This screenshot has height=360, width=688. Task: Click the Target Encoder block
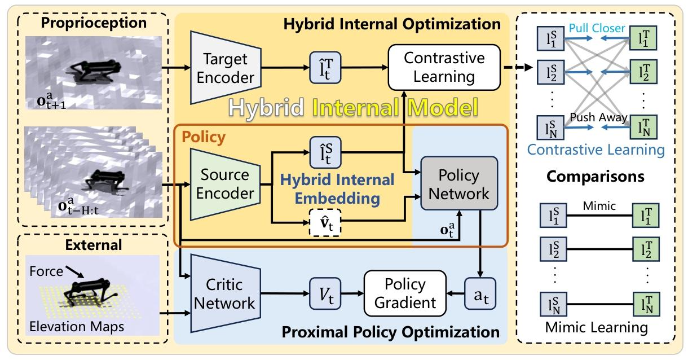pos(226,68)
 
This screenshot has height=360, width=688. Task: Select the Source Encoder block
pos(226,185)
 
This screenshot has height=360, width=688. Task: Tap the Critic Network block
pos(226,293)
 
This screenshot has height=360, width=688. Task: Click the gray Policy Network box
pos(459,183)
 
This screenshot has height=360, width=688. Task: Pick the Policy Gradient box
pos(405,293)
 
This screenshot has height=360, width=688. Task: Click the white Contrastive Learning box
pos(444,67)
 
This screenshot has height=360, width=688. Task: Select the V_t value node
pos(325,293)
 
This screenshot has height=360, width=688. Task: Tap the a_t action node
pos(480,293)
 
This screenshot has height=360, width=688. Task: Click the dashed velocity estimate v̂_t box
pos(325,223)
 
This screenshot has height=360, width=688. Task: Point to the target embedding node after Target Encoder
pos(325,68)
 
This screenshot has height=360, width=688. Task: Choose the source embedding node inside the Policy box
pos(325,152)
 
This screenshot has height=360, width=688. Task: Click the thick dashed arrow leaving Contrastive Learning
pos(518,67)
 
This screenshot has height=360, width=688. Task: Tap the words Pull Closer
pos(597,28)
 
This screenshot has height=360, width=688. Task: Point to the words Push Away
pos(598,117)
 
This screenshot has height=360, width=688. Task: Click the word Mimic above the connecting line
pos(599,205)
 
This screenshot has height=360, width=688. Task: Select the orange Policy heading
pos(204,137)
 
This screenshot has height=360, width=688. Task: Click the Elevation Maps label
pos(77,327)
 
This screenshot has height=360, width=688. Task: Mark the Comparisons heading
pos(596,177)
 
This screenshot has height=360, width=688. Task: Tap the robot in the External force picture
pos(87,293)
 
